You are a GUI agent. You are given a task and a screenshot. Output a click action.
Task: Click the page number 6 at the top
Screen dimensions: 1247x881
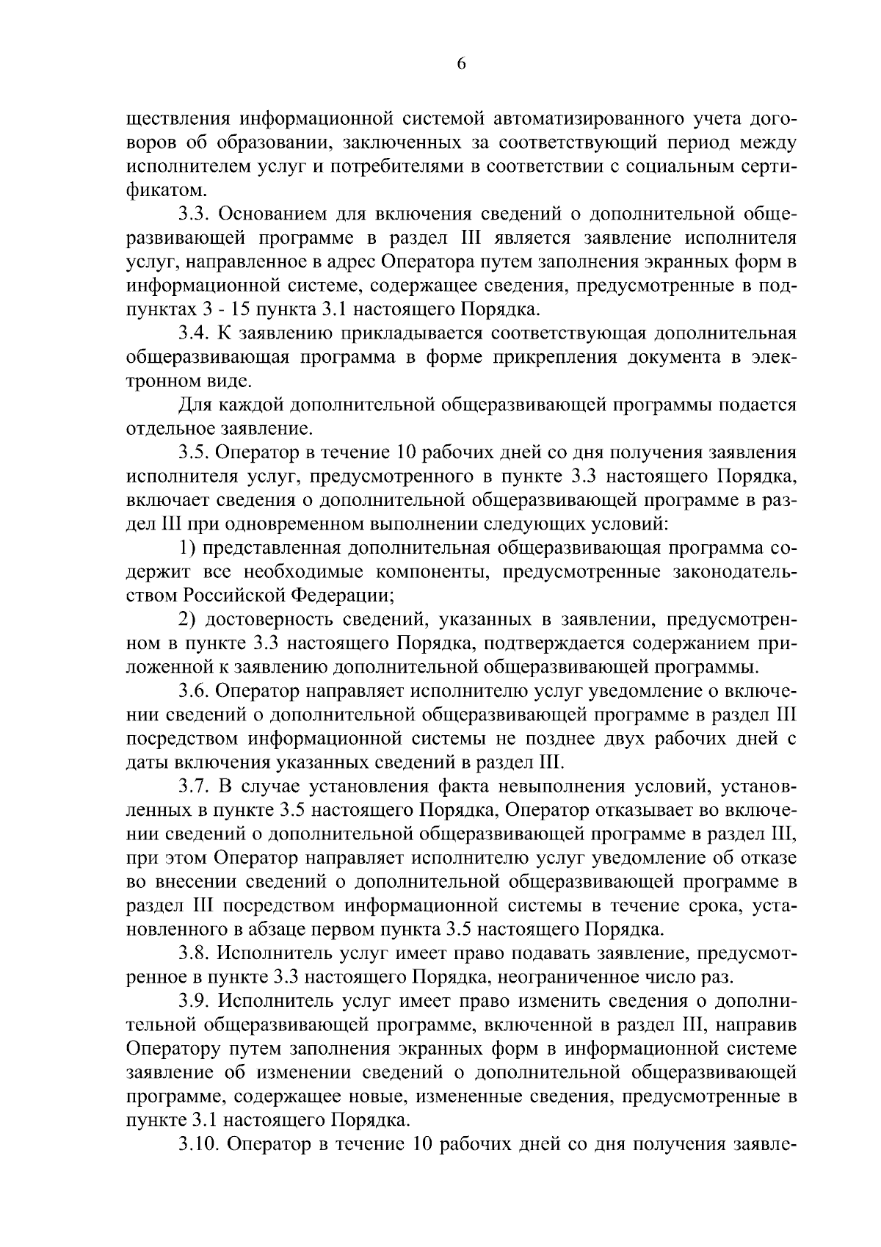[461, 64]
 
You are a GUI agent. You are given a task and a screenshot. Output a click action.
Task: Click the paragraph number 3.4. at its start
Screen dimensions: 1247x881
[194, 333]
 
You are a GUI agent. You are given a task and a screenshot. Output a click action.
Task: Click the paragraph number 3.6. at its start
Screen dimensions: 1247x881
[194, 691]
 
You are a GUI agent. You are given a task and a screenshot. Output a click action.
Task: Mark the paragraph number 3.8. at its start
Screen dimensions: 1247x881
[194, 953]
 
